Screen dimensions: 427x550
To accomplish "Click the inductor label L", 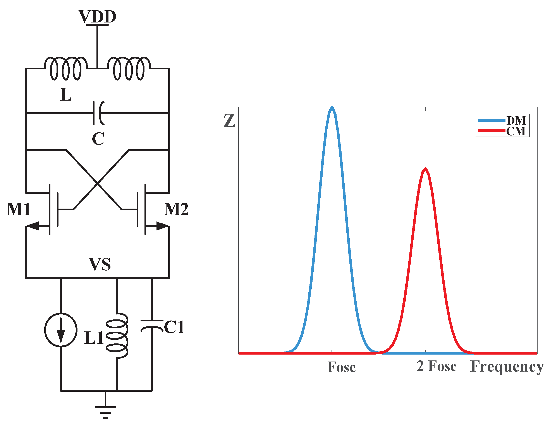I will [66, 95].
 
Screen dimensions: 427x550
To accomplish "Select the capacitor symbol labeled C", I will [98, 113].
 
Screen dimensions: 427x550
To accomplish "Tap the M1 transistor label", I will [18, 209].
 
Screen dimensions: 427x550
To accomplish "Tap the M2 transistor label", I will [176, 209].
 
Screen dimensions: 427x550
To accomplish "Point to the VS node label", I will [100, 264].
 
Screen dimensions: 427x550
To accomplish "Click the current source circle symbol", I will [61, 330].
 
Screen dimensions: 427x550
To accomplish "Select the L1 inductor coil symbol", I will [117, 336].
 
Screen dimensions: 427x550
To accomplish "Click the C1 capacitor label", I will [174, 327].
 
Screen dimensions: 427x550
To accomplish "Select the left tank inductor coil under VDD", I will [66, 69].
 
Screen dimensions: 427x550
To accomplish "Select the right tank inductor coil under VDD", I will [129, 69].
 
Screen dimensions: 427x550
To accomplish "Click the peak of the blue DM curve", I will [332, 108].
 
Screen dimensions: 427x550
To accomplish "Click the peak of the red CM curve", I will [425, 169].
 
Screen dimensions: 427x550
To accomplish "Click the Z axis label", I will [229, 121].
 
